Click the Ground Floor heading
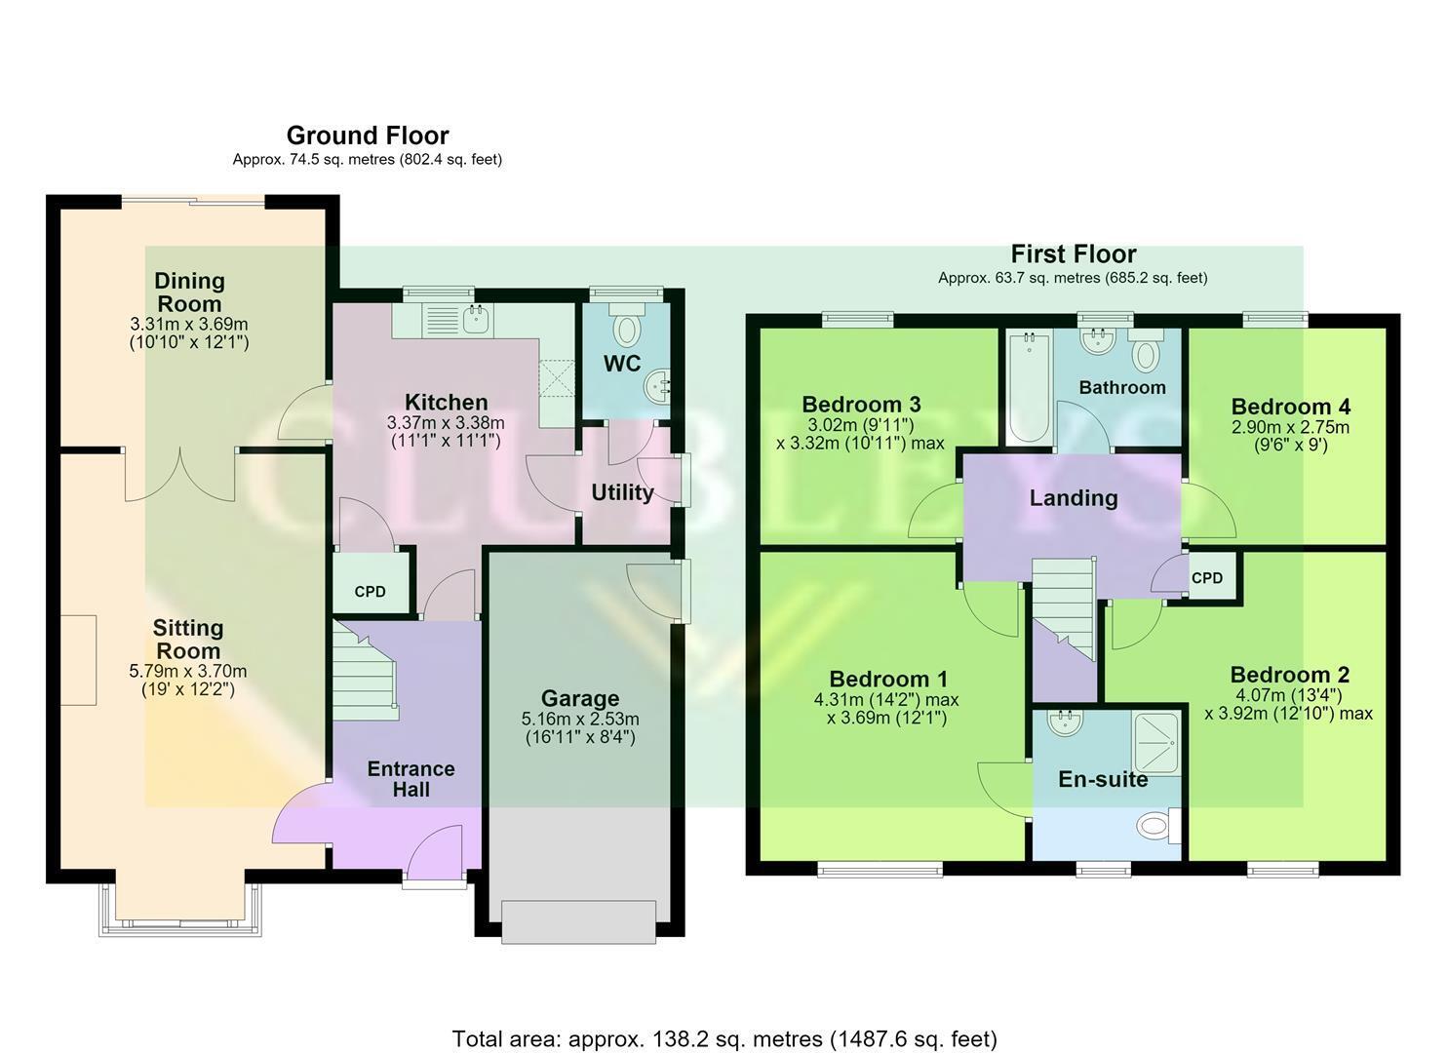pyautogui.click(x=368, y=136)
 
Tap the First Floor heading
pyautogui.click(x=1073, y=254)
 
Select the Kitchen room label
pyautogui.click(x=446, y=402)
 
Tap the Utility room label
pyautogui.click(x=622, y=492)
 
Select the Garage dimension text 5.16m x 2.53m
pyautogui.click(x=580, y=719)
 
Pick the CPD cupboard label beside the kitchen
pyautogui.click(x=370, y=592)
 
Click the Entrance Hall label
pyautogui.click(x=411, y=779)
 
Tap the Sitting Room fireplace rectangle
pyautogui.click(x=78, y=660)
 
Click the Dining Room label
pyautogui.click(x=189, y=292)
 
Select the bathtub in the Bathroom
pyautogui.click(x=1030, y=387)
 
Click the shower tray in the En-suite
pyautogui.click(x=1155, y=743)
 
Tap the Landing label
pyautogui.click(x=1073, y=497)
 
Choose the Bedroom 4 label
pyautogui.click(x=1290, y=407)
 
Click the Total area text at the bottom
pyautogui.click(x=724, y=1021)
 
